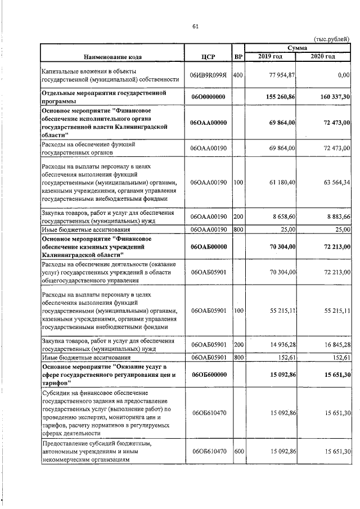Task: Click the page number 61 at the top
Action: tap(195, 26)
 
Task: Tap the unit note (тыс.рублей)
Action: tap(331, 38)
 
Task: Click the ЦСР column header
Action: tap(208, 57)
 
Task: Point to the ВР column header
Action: tap(238, 57)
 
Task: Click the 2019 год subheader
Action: tap(271, 57)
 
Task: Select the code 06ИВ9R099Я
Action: tap(208, 75)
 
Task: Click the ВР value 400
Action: tap(238, 75)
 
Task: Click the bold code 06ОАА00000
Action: tap(208, 123)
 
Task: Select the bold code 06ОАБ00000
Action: tap(208, 246)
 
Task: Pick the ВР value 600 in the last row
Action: tap(238, 451)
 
